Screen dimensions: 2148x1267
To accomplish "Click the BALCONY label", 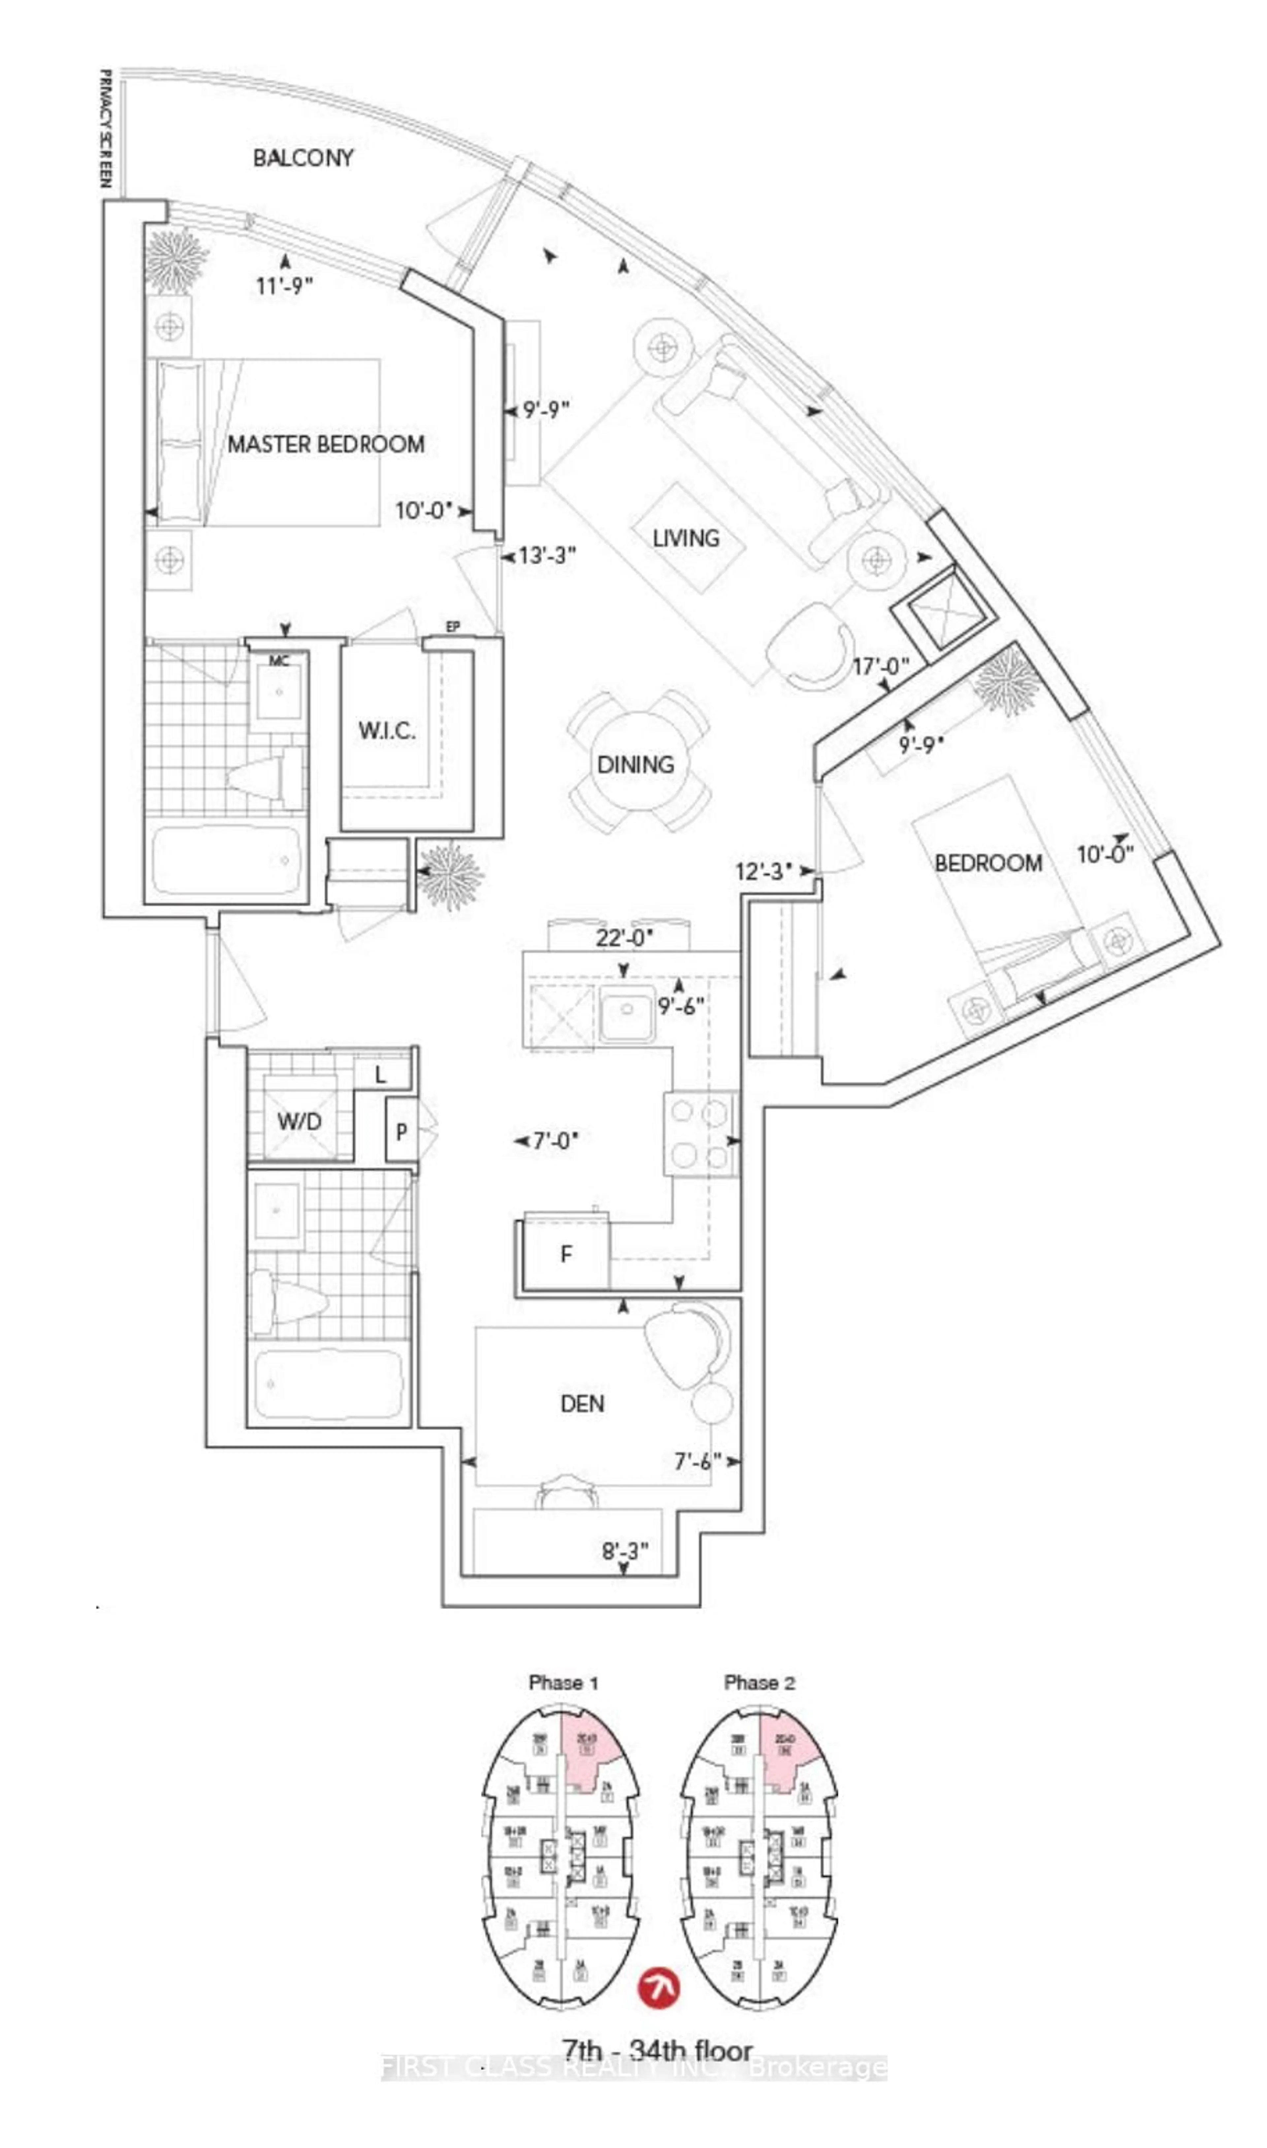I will coord(303,158).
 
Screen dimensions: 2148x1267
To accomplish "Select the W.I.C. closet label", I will coord(387,731).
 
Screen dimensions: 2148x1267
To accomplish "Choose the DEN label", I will coord(582,1404).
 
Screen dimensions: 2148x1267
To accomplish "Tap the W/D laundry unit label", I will coord(299,1121).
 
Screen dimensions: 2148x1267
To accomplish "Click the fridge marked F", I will coord(565,1255).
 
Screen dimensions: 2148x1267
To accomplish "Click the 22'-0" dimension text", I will coord(624,938).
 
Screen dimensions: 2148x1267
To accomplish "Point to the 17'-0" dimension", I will coord(881,666).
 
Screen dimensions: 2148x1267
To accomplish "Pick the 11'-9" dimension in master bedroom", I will coord(284,285).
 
